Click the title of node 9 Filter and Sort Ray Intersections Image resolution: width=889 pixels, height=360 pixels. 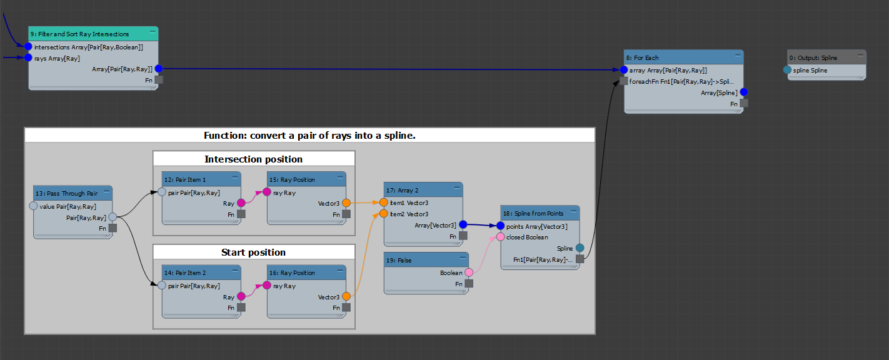(x=80, y=34)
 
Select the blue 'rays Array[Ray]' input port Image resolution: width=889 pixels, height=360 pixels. (x=28, y=58)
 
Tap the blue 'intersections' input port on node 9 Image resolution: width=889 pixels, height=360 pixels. (x=28, y=47)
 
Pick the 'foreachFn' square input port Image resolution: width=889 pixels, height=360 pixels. (x=623, y=81)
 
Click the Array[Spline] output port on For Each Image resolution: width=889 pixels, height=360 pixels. (x=744, y=92)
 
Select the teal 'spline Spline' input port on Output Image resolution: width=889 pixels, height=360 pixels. (x=787, y=70)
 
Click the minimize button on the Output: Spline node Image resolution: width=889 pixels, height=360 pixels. (x=860, y=56)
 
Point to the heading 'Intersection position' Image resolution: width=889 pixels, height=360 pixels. (x=253, y=159)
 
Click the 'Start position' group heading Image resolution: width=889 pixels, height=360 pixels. (x=253, y=252)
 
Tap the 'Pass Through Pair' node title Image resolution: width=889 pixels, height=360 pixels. (x=67, y=194)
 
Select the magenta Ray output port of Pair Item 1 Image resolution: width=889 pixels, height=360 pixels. (x=241, y=203)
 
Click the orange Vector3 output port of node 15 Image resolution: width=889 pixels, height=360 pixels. (x=346, y=203)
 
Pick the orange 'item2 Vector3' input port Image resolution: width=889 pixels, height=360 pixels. (x=383, y=214)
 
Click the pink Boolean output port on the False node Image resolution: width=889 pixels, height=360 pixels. (x=469, y=272)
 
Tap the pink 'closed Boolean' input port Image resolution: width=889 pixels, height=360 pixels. (x=500, y=237)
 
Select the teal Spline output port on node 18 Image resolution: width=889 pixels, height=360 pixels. (x=580, y=248)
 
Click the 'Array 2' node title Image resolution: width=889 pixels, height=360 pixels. (x=402, y=191)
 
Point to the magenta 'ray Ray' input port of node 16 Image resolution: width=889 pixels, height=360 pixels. (x=267, y=286)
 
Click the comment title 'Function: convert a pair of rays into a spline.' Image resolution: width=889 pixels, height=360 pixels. (x=309, y=136)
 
